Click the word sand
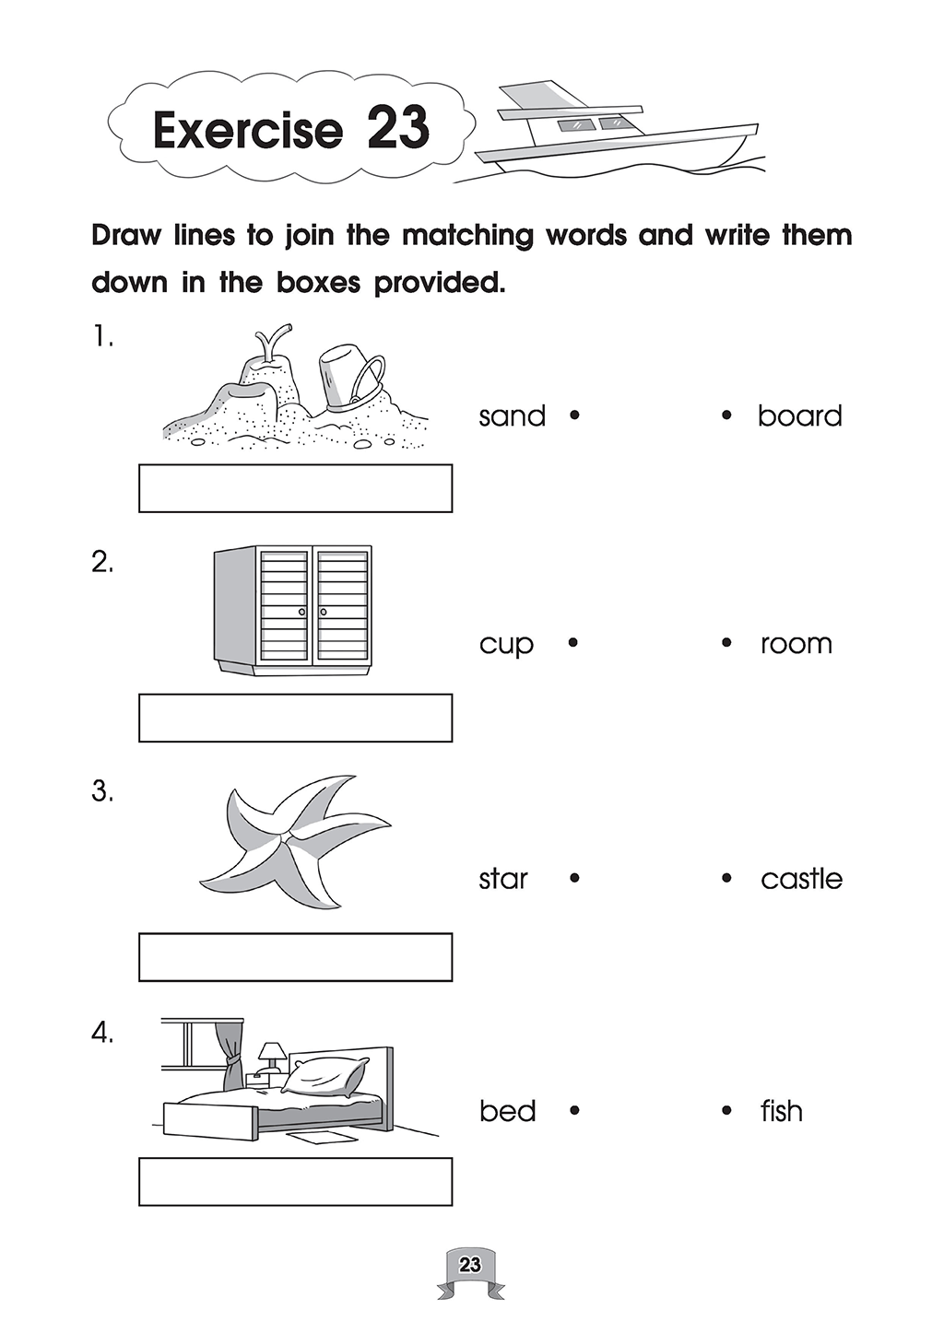point(513,415)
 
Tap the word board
point(800,415)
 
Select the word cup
point(506,645)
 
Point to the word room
point(796,644)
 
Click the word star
point(503,878)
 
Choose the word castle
point(802,878)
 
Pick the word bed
point(507,1110)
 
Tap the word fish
point(782,1110)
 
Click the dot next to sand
point(574,416)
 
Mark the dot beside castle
point(726,878)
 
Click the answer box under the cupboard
point(295,718)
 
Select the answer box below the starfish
point(295,957)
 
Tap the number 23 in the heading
point(398,128)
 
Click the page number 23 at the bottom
point(470,1263)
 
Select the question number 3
point(102,791)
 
